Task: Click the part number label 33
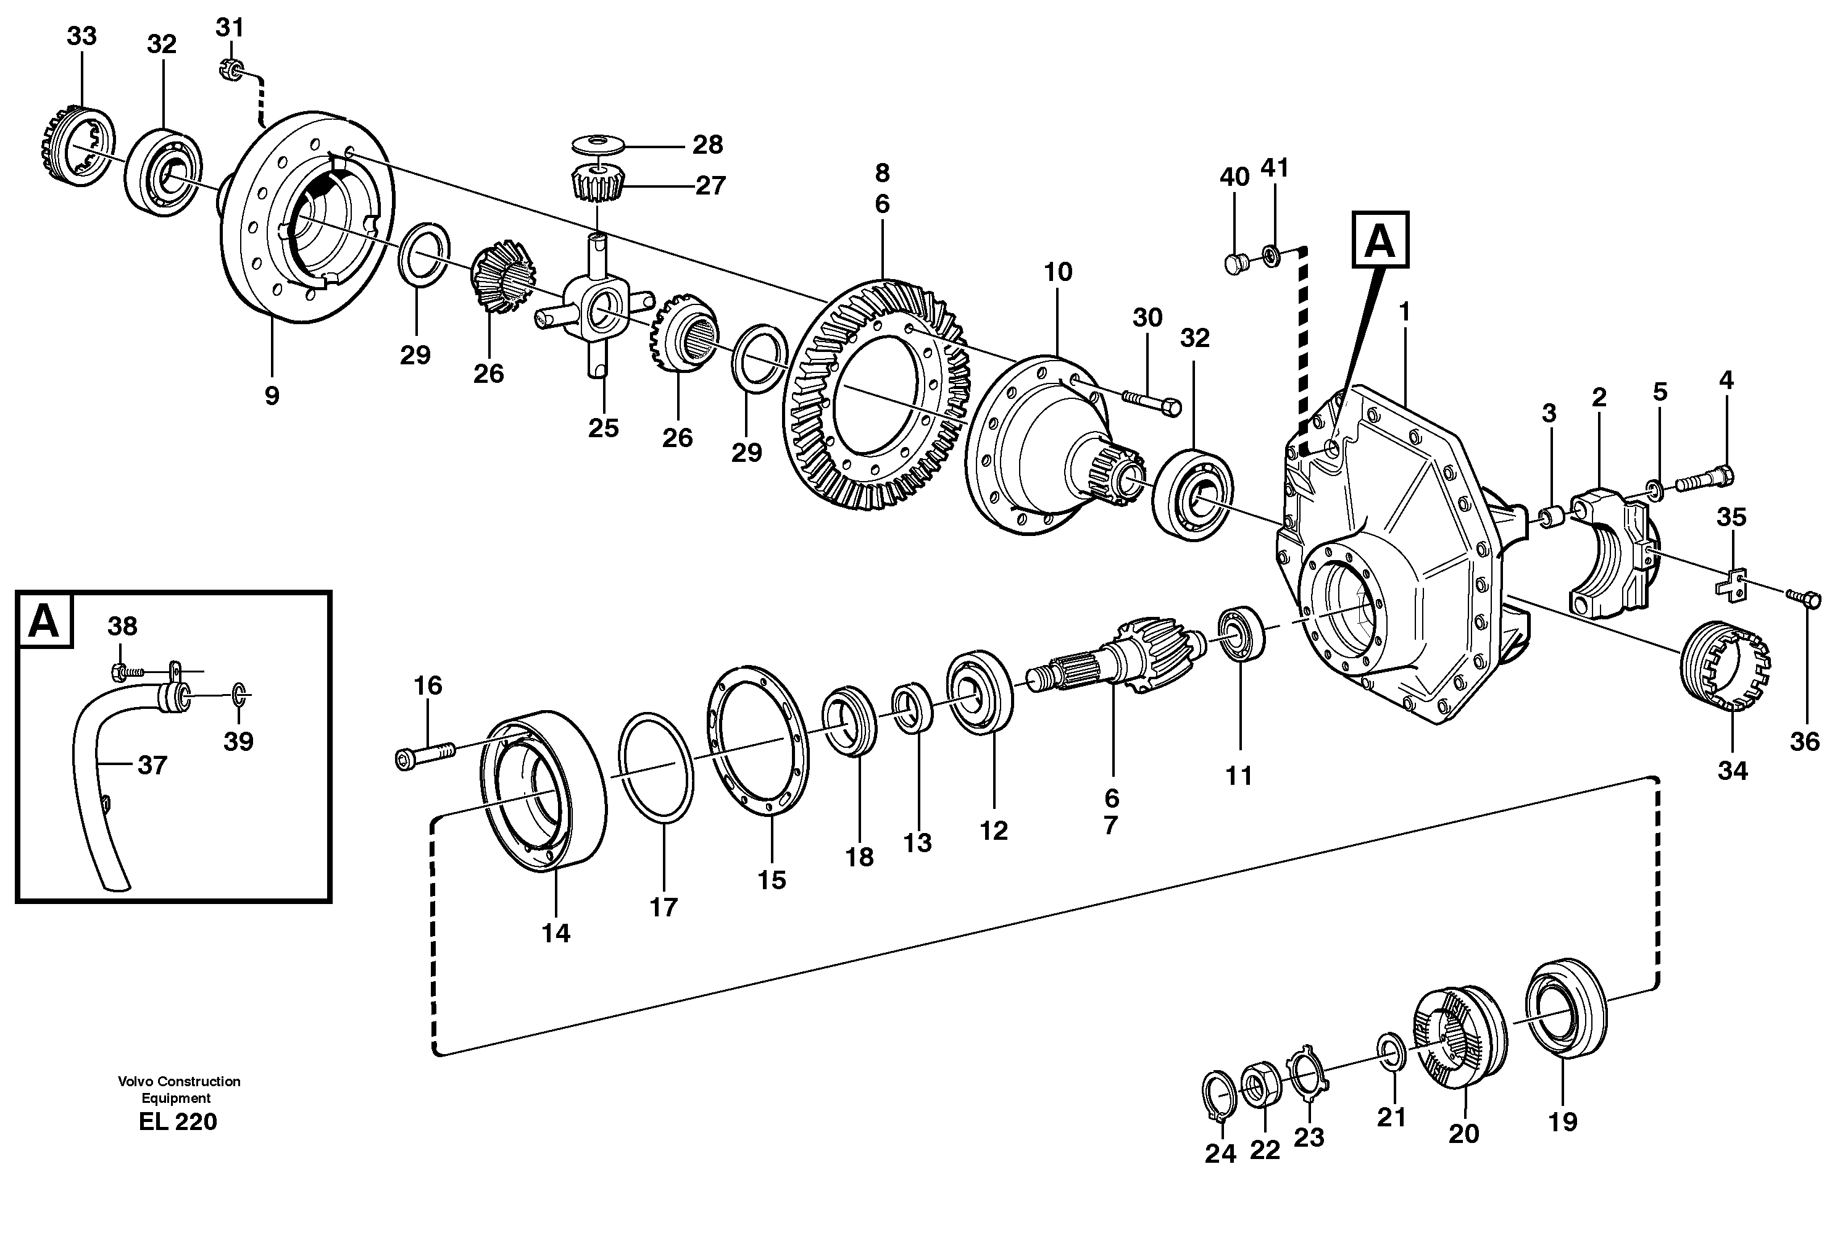[81, 36]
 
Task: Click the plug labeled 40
[1234, 262]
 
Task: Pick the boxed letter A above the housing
[1380, 240]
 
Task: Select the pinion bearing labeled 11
[1242, 632]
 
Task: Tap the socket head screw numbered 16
[423, 755]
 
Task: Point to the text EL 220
[178, 1121]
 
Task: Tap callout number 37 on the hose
[152, 765]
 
